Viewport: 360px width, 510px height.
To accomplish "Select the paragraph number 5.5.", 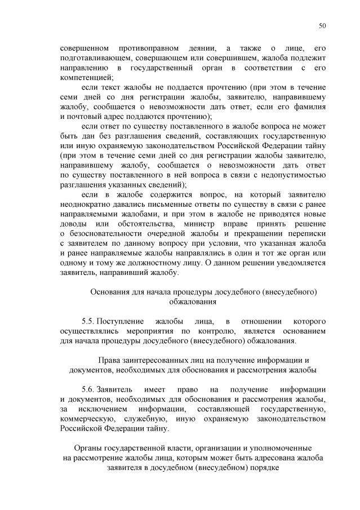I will click(x=90, y=321).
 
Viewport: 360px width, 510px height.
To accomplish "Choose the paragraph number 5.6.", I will click(x=90, y=389).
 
